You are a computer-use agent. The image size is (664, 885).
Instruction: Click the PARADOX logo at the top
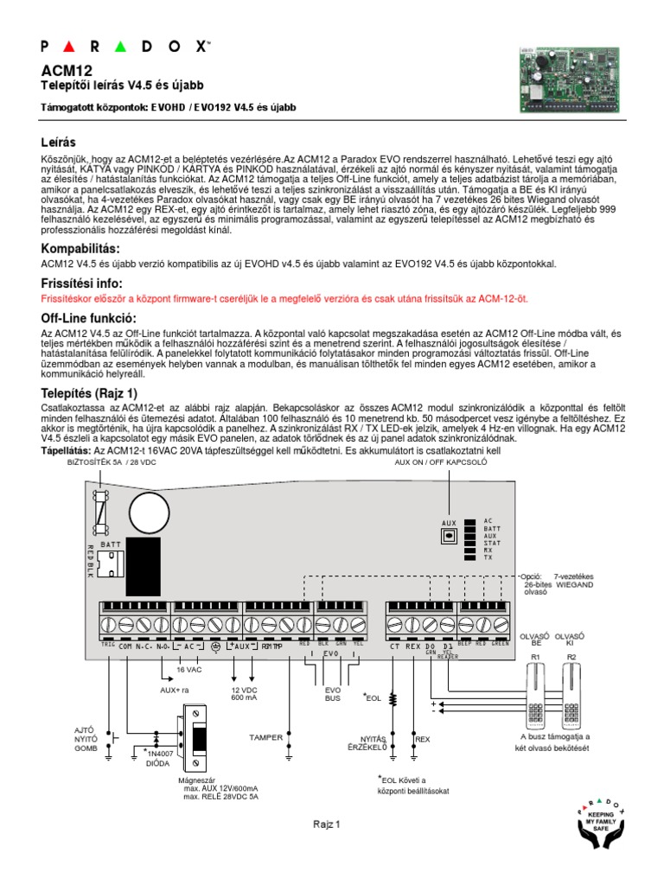click(124, 45)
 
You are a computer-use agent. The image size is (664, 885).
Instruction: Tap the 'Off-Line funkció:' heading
click(89, 317)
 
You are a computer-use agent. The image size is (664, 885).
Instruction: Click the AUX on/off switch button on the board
click(449, 536)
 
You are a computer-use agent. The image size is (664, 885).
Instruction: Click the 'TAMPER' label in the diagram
click(265, 737)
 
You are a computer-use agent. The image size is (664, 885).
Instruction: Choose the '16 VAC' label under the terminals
click(188, 670)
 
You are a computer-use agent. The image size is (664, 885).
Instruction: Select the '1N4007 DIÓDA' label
click(159, 758)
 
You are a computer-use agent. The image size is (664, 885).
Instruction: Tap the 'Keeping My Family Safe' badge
click(600, 821)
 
